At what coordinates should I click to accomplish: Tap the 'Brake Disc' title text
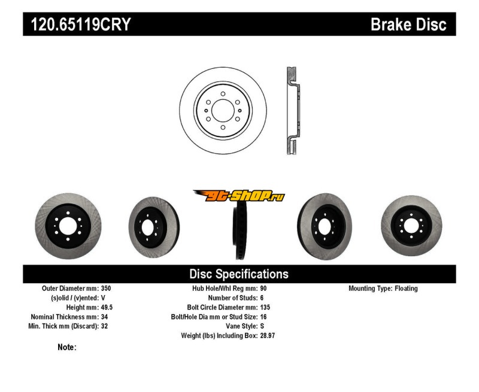pos(408,25)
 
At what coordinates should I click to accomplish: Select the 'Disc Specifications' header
pos(239,274)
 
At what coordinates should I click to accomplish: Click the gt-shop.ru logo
pos(239,196)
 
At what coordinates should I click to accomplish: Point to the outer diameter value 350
pos(107,288)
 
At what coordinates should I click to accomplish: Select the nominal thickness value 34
pos(105,317)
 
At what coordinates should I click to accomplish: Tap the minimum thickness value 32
pos(105,326)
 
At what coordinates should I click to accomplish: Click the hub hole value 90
pos(264,288)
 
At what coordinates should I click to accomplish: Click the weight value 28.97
pos(268,336)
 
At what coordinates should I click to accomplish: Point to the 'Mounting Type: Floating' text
pos(383,288)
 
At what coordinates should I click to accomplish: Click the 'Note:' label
pos(67,347)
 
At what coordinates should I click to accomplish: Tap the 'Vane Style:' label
pos(238,326)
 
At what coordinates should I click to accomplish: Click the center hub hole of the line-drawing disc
pos(223,110)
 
